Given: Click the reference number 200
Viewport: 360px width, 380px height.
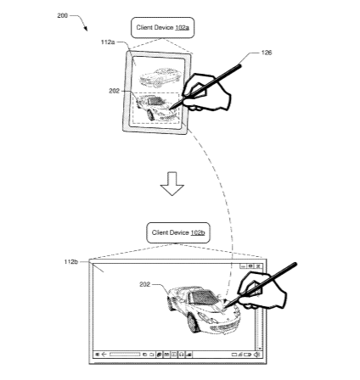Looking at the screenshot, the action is coord(62,15).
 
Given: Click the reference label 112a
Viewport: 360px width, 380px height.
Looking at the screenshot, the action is coord(108,42).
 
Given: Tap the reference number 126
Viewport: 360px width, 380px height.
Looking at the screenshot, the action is coord(267,53).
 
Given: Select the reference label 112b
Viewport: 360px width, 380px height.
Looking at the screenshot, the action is coord(70,262).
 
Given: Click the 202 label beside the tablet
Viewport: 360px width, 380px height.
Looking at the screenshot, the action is coord(114,91).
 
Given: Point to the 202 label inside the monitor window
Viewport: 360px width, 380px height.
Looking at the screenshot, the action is coord(144,284).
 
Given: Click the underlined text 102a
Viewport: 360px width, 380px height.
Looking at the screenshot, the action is coord(182,27).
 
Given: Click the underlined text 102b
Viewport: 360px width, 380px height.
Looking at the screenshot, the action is coord(198,232).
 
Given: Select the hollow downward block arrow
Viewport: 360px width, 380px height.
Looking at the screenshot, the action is coord(172,184).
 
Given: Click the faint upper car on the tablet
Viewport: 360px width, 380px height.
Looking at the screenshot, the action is coord(160,77).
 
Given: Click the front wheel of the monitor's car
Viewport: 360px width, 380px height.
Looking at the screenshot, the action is coord(193,323).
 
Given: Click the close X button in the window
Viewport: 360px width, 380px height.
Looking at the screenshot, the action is coord(258,266).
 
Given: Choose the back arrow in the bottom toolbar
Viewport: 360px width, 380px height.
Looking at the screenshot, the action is coord(104,354).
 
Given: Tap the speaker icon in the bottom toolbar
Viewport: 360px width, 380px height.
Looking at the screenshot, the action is coord(256,355).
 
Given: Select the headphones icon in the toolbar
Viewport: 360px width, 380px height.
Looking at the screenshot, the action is coord(181,354).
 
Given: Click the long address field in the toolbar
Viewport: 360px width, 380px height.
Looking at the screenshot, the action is coord(125,354).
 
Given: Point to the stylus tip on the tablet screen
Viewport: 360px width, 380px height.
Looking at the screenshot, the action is coord(171,109).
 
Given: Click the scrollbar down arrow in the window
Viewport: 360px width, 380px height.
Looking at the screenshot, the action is coord(260,349).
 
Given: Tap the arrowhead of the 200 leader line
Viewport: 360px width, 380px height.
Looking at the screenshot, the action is coord(86,29).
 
